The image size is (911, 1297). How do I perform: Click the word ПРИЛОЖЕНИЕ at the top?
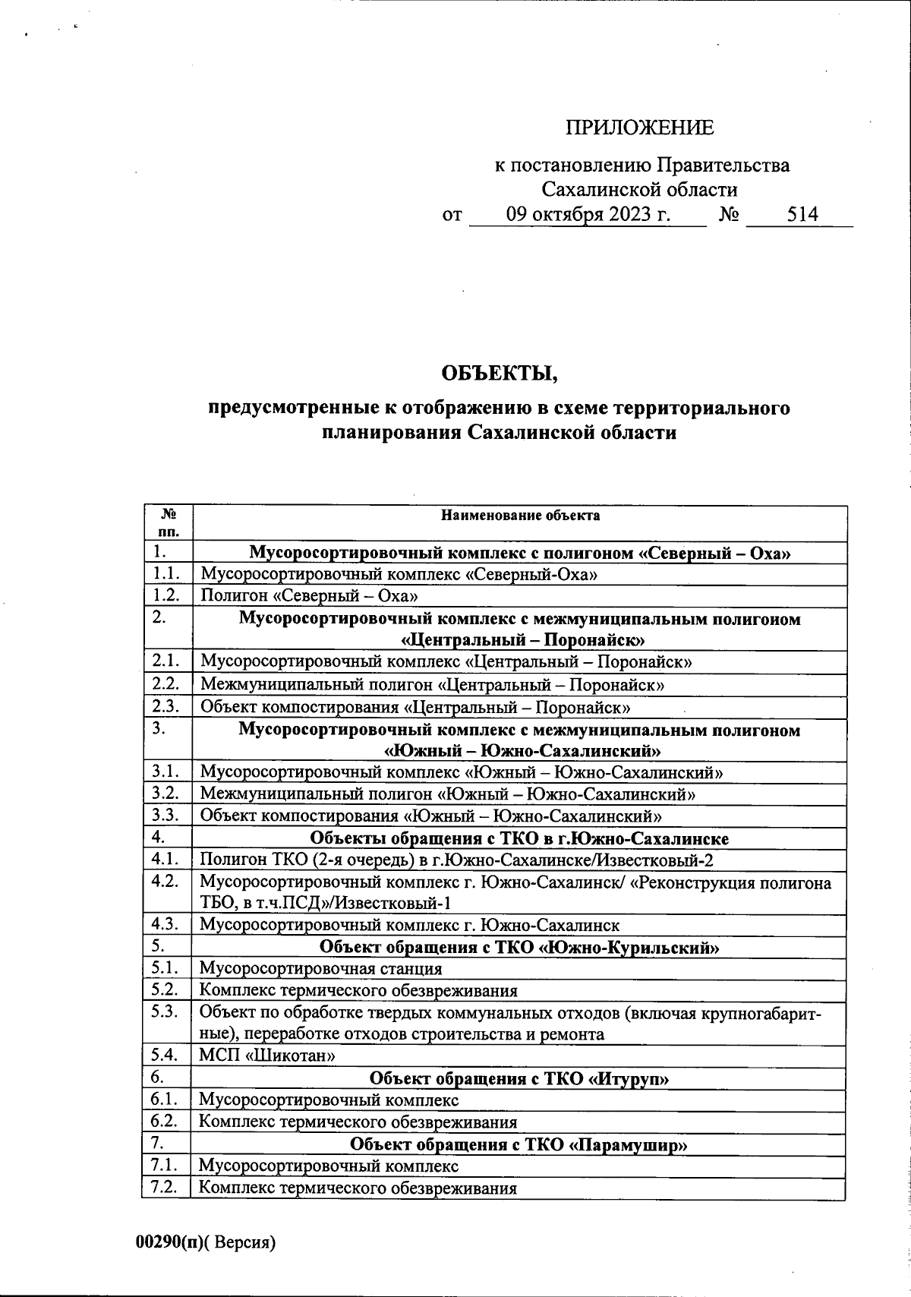(x=639, y=128)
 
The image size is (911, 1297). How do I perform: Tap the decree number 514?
(x=802, y=215)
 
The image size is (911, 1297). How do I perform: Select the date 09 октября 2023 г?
(x=588, y=215)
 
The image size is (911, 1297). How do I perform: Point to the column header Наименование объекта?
(x=520, y=516)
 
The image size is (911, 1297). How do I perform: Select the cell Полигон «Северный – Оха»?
(x=309, y=596)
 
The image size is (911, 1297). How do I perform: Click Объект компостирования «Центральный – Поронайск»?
(x=415, y=708)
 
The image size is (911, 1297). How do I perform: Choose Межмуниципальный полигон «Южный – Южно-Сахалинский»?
(x=448, y=794)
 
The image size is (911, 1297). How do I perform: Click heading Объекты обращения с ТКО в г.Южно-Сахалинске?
(x=520, y=839)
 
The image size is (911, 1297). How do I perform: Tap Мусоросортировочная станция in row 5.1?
(x=320, y=969)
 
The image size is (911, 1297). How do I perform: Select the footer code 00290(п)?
(x=169, y=1243)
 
